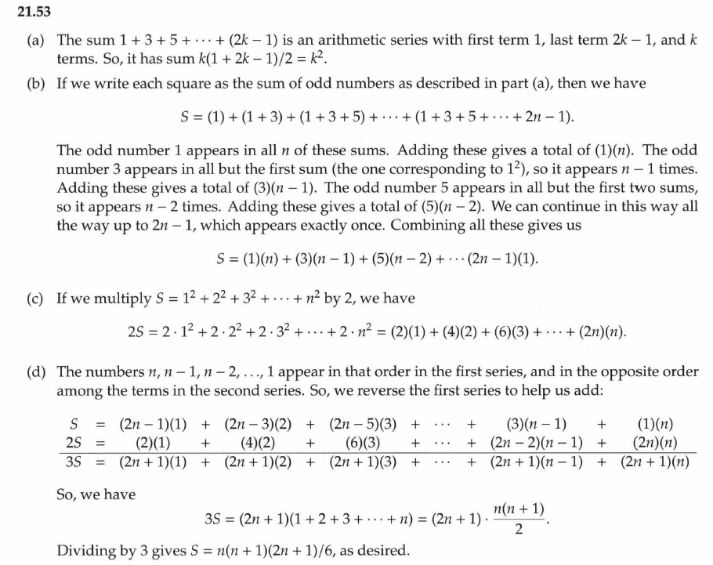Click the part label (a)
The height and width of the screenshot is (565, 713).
tap(36, 40)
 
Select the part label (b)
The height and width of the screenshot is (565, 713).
tap(36, 81)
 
